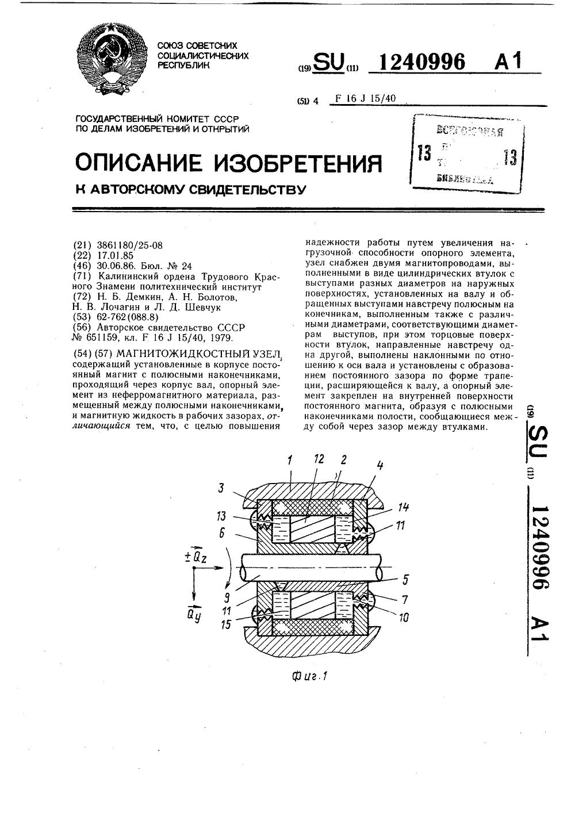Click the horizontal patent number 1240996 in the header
[416, 62]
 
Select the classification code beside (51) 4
[366, 98]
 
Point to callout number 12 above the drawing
[319, 459]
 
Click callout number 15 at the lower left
[226, 624]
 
